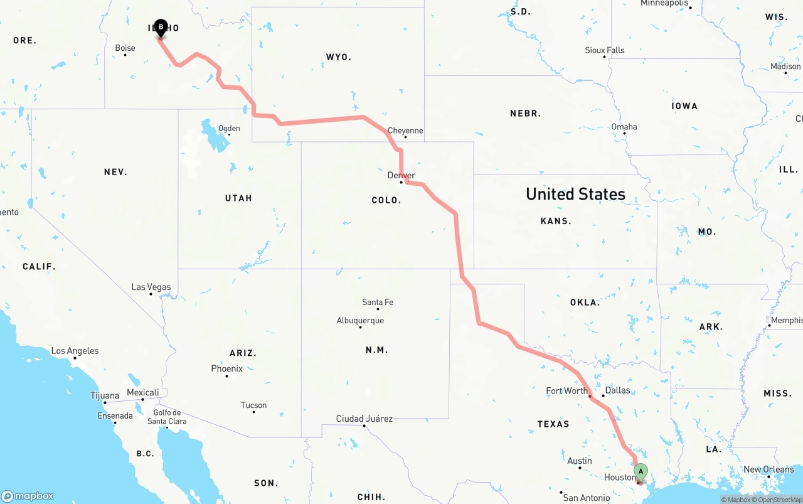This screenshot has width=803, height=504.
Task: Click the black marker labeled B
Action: coord(161,28)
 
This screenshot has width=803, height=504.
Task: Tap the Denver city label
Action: coord(401,175)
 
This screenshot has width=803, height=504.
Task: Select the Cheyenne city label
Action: coord(405,131)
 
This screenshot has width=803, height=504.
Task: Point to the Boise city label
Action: coord(125,48)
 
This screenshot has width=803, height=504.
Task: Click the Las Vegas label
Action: coord(151,287)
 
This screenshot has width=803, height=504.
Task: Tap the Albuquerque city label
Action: coord(360,321)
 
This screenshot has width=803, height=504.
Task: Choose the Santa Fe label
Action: coord(378,302)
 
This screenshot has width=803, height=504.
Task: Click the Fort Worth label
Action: coord(566,390)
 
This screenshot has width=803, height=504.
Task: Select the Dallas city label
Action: coord(617,390)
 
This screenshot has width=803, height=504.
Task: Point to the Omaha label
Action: coord(624,127)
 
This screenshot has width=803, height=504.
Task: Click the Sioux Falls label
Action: coord(605,50)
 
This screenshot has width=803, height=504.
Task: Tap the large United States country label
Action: coord(575,194)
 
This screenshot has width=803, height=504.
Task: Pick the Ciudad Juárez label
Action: coord(364,419)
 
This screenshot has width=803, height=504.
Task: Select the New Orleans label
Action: coord(768,469)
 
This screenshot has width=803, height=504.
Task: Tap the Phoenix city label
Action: coord(226,368)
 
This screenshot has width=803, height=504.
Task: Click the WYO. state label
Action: coord(338,57)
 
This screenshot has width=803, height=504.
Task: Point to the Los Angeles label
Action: coord(75,351)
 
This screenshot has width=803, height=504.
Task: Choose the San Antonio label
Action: coord(586,498)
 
